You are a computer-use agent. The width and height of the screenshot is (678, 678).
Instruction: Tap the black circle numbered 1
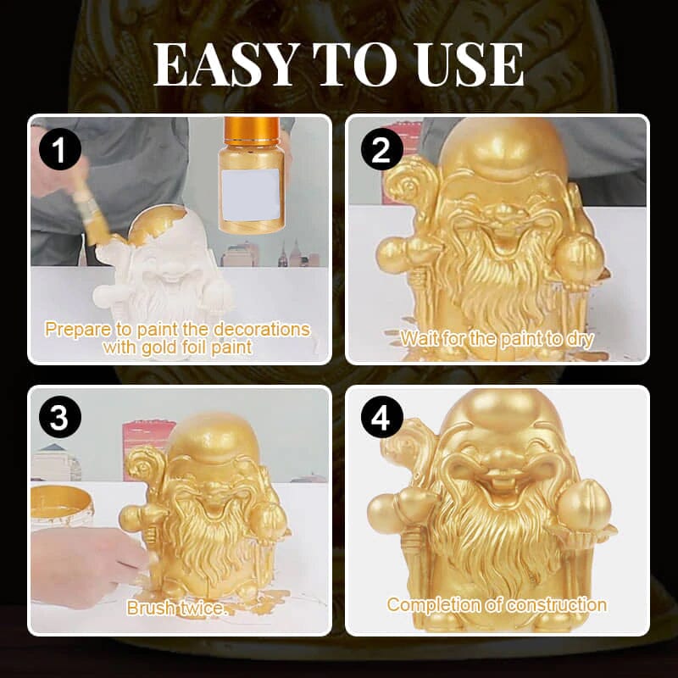click(60, 150)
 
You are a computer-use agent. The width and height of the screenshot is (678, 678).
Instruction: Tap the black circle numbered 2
click(381, 150)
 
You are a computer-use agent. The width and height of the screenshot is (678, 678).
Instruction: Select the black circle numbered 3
click(60, 418)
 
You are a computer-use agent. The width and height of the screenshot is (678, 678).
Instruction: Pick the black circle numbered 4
click(381, 418)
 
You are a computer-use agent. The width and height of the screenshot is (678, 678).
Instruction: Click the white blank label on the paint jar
click(250, 195)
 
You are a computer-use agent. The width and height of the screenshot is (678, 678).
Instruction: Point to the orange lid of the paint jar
click(252, 131)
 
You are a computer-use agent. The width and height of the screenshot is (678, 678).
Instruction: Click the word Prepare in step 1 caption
click(78, 330)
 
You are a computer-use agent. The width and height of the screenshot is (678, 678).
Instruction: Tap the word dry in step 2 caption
click(579, 340)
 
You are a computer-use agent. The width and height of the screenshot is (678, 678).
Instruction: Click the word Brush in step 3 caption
click(152, 609)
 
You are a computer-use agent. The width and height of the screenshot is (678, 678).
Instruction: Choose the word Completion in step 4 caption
click(434, 605)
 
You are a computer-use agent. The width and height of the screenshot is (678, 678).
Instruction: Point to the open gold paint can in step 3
click(62, 506)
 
